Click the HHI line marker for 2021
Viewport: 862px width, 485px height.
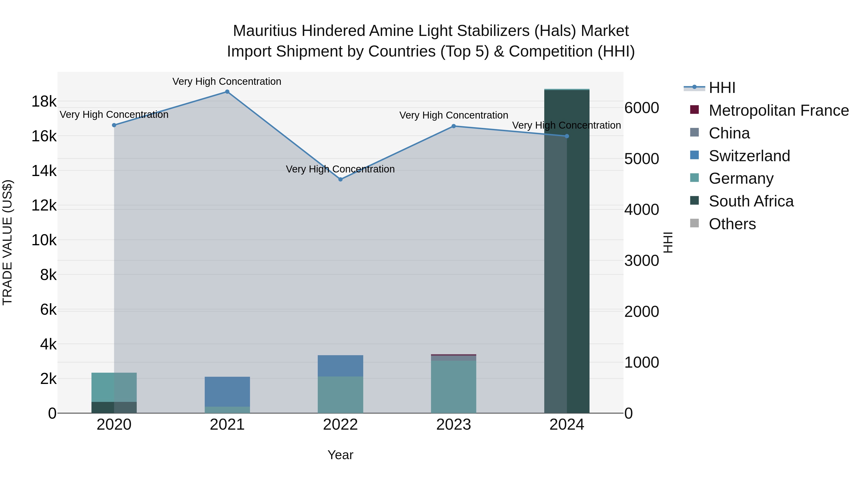(x=227, y=92)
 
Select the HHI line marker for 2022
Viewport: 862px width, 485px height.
(x=340, y=179)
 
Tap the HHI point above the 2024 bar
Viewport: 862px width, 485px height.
(x=567, y=136)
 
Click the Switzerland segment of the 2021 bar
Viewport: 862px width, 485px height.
(x=227, y=392)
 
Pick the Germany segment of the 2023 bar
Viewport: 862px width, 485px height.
(x=454, y=387)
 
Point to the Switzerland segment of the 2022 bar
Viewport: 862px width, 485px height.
(x=340, y=366)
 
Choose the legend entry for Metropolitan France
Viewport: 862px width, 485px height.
(x=778, y=110)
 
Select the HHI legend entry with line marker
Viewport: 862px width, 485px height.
(x=721, y=88)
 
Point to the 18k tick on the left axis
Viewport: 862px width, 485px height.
(x=44, y=101)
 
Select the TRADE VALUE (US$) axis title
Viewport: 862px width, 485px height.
(x=7, y=242)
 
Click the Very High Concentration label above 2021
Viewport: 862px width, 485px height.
(x=227, y=81)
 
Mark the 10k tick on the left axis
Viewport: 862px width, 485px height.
(x=44, y=240)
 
